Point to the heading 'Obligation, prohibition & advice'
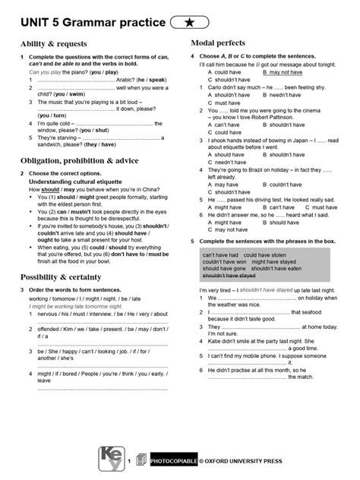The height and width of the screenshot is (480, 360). pyautogui.click(x=79, y=161)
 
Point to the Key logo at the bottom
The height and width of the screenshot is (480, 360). pyautogui.click(x=111, y=457)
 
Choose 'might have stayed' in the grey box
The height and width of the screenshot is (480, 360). pyautogui.click(x=272, y=261)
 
